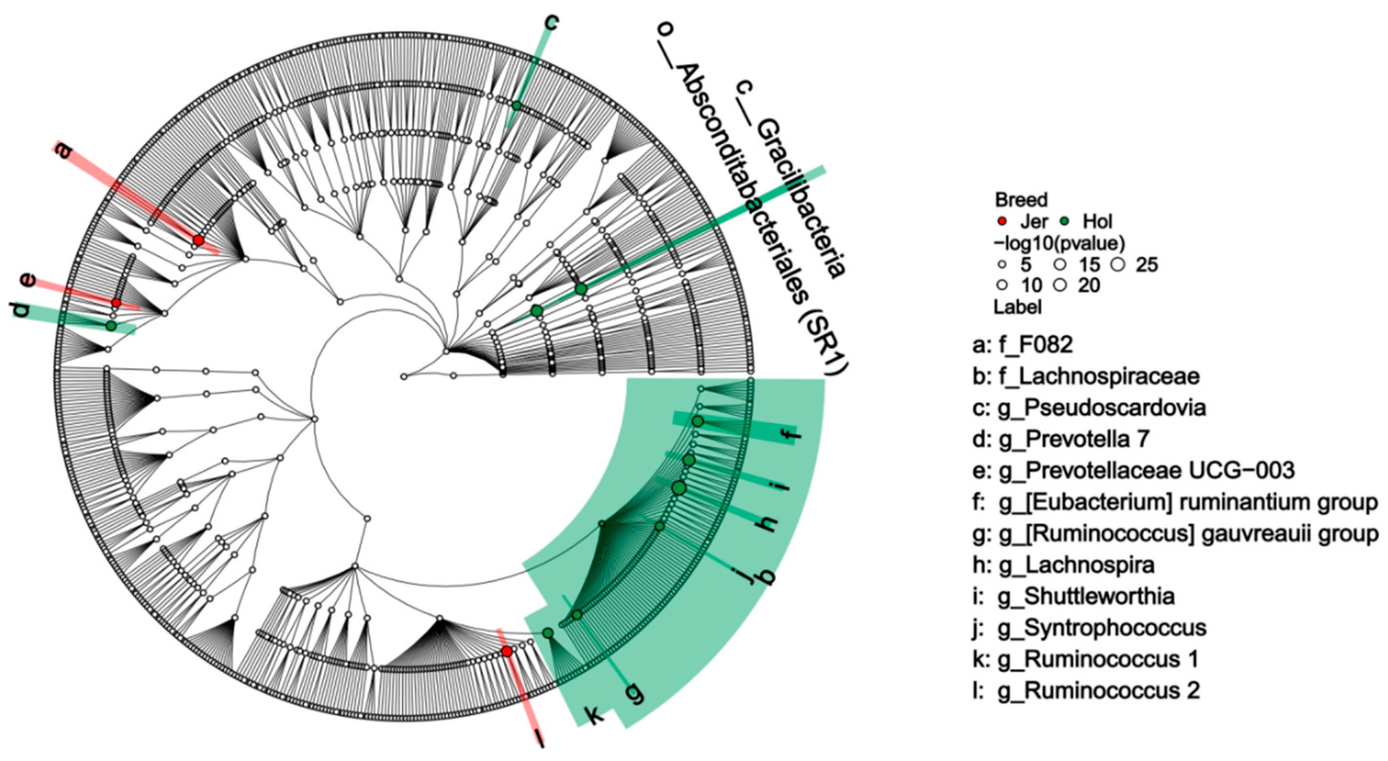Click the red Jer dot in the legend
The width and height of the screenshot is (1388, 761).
click(x=1002, y=221)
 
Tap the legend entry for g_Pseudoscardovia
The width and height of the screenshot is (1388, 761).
click(x=1089, y=408)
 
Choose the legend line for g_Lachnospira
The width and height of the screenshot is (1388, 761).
click(x=1063, y=565)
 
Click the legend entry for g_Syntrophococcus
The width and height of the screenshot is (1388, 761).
click(x=1089, y=627)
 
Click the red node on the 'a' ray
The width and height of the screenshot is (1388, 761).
click(x=198, y=240)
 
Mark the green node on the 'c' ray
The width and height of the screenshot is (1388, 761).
click(x=517, y=105)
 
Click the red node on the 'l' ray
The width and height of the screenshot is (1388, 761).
click(x=507, y=652)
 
